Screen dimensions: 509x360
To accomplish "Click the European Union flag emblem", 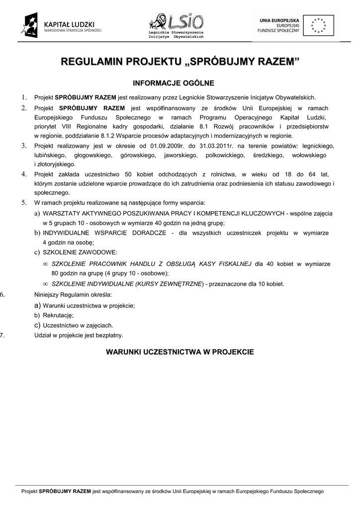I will [319, 24].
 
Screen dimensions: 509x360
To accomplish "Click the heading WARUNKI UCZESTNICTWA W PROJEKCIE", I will [180, 352].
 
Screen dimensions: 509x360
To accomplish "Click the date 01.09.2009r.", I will [166, 146].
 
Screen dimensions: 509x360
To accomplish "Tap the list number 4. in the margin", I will [23, 174].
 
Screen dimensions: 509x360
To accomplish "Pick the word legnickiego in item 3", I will [316, 146].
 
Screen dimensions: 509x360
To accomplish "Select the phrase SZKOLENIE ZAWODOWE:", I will [80, 252].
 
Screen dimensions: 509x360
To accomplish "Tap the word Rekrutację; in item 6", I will [58, 315].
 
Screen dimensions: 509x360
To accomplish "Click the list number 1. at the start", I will [23, 97].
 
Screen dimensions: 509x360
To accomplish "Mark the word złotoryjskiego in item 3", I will [55, 165].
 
